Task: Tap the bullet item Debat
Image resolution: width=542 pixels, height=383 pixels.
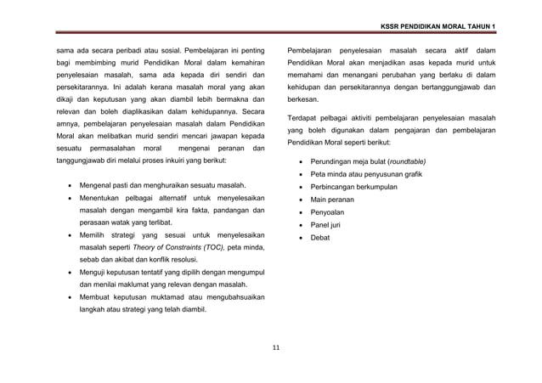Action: coord(319,238)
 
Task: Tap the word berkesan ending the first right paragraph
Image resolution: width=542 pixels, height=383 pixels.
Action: coord(306,98)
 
